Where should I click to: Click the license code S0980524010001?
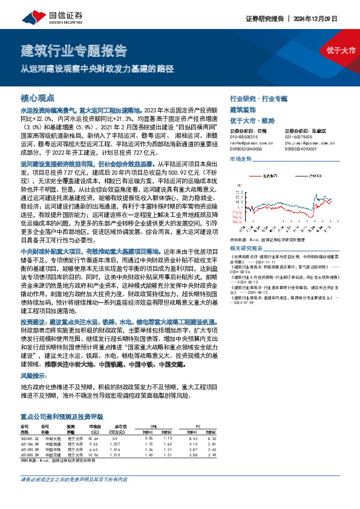(302, 148)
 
